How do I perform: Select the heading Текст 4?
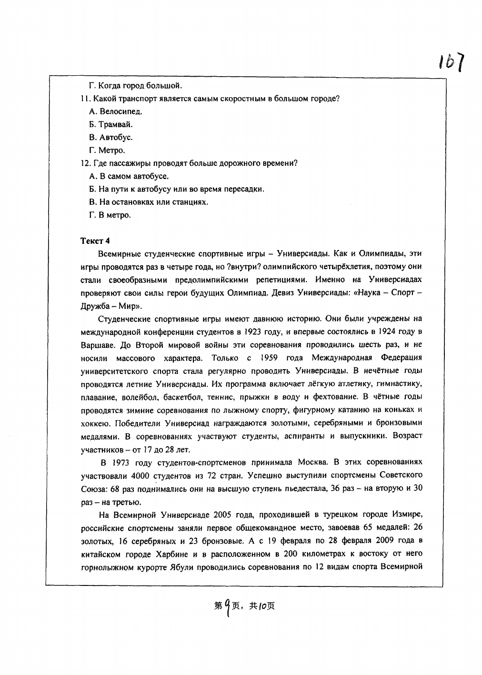tap(95, 240)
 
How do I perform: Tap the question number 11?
tap(85, 99)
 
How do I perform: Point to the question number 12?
tap(86, 163)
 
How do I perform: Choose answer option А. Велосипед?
tap(116, 112)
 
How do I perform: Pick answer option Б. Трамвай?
tap(111, 125)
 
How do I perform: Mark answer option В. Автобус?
tap(111, 138)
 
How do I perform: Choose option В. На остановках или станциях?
tap(149, 202)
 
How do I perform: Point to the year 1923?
tap(254, 332)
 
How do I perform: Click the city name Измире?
tap(408, 515)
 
